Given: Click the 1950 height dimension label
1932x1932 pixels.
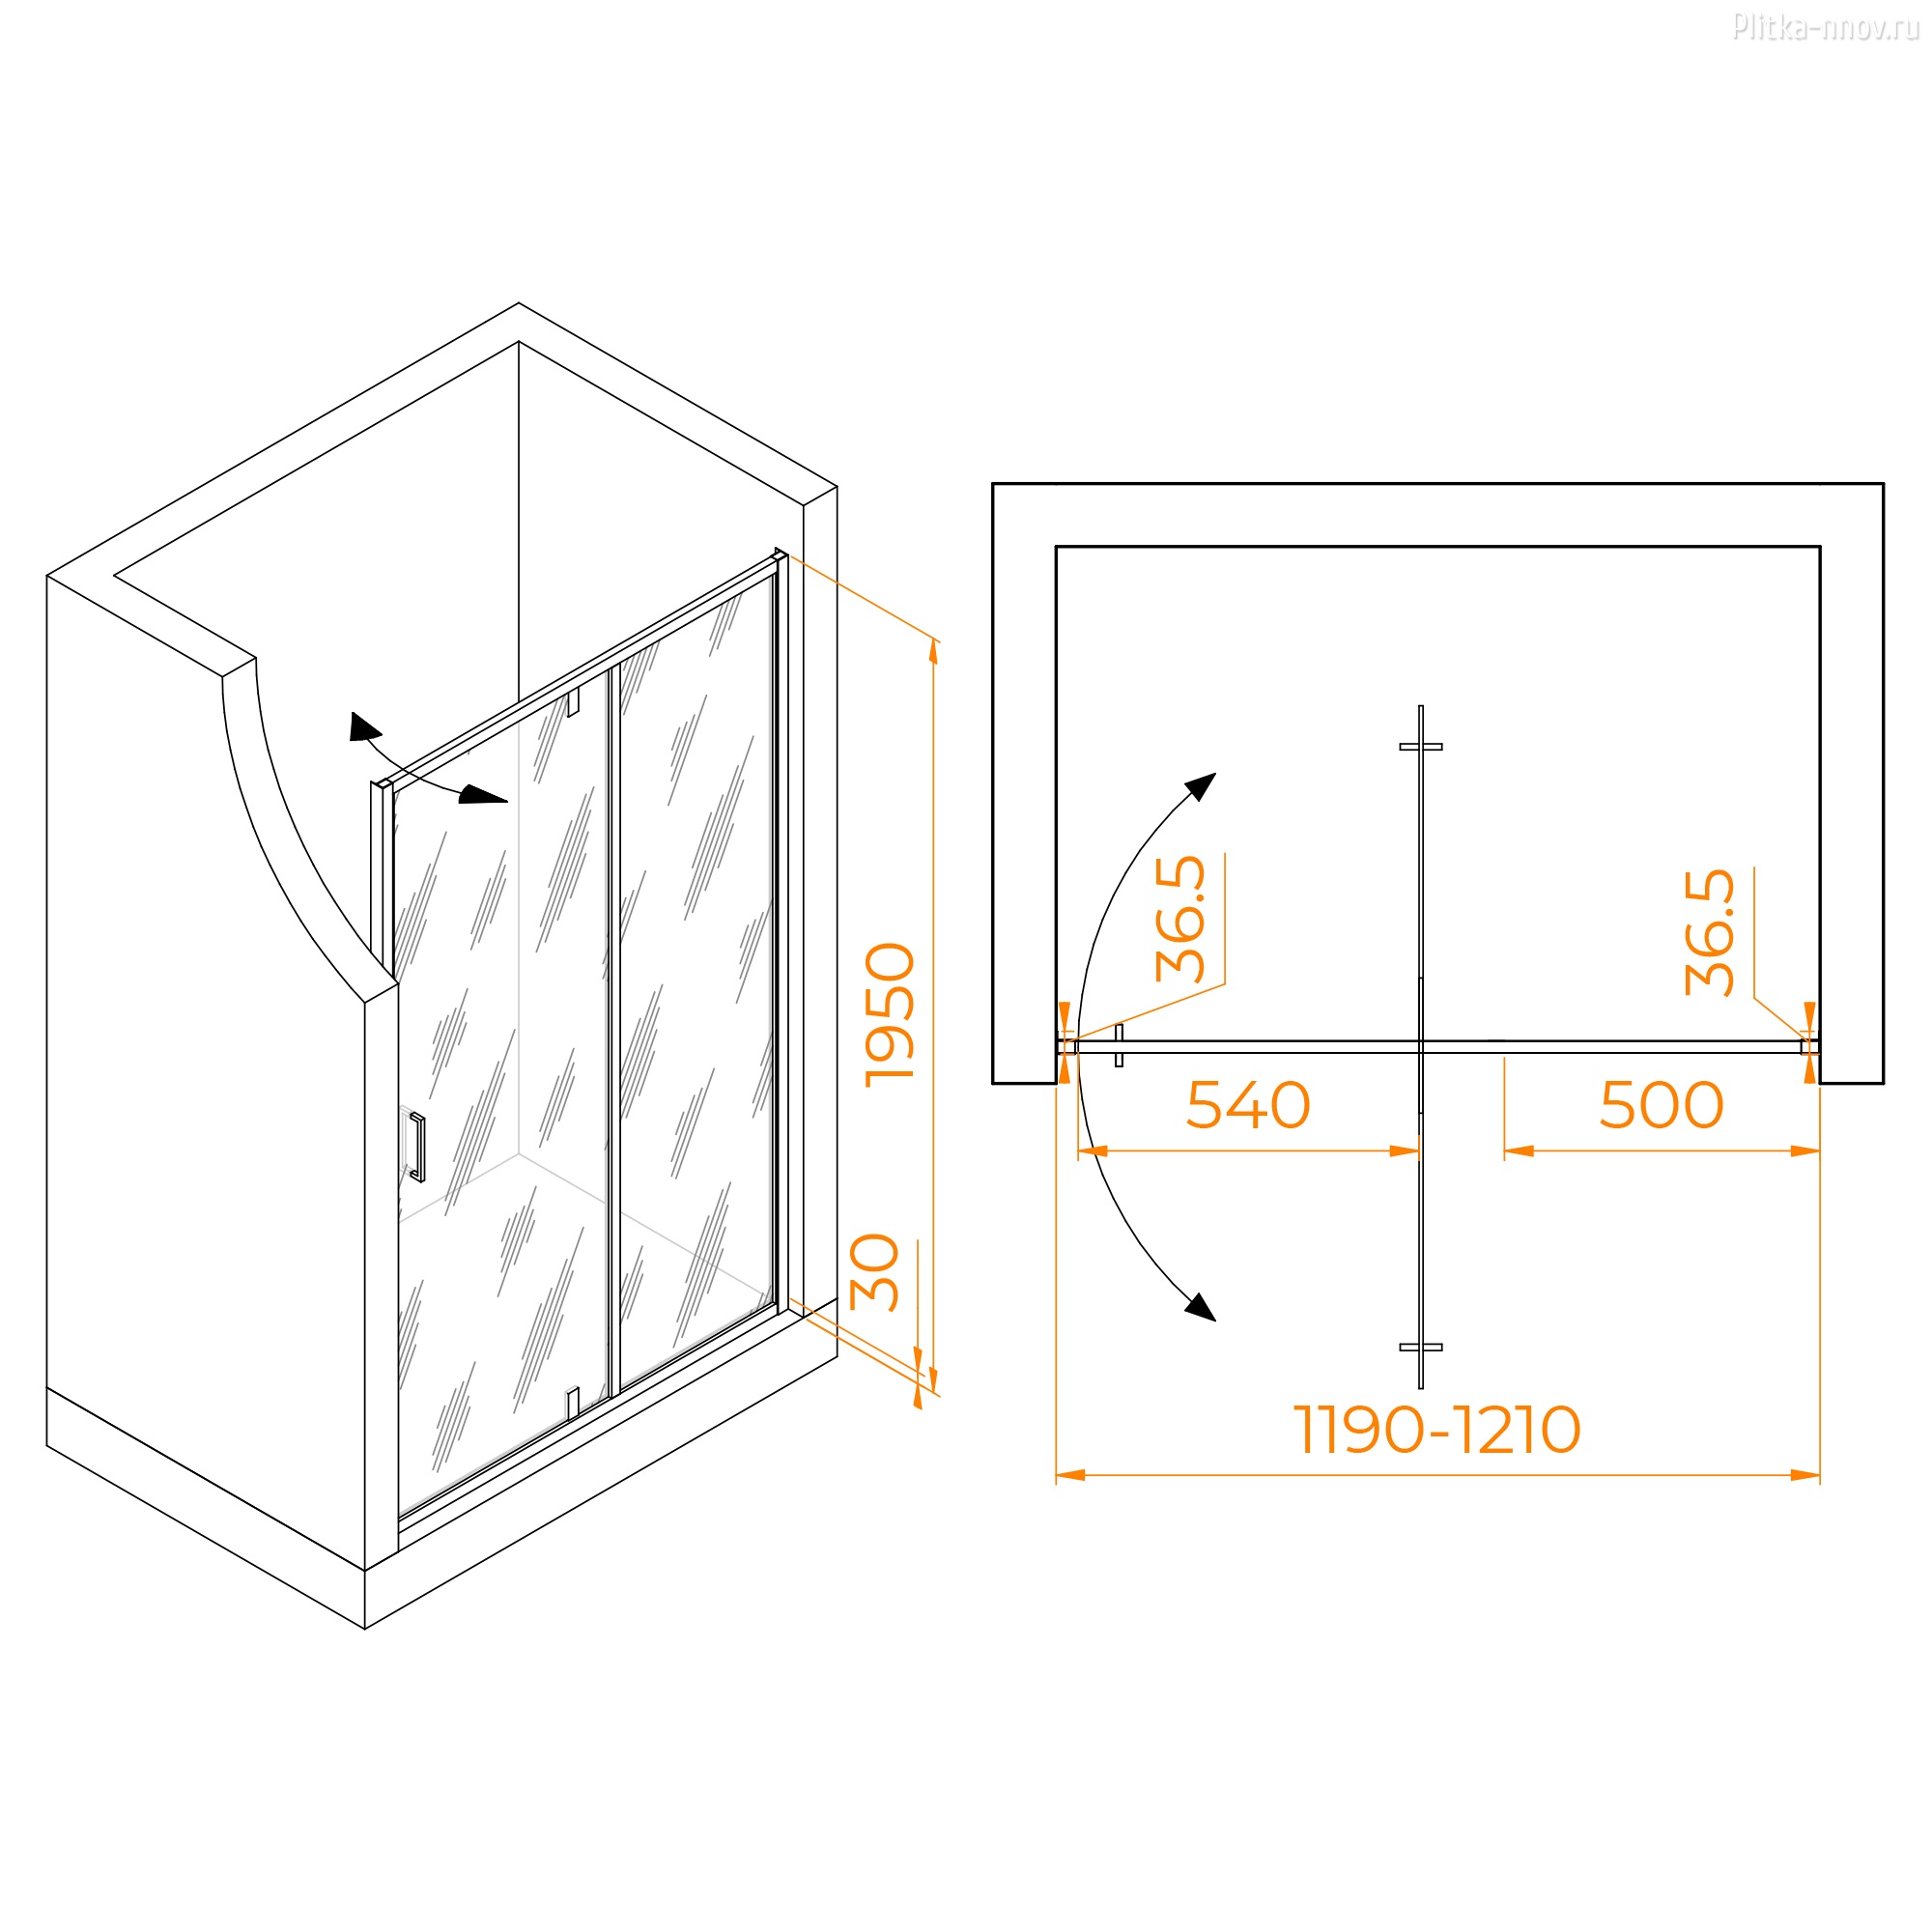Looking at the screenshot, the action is point(890,1014).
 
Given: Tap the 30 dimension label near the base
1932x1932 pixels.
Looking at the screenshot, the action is point(875,1272).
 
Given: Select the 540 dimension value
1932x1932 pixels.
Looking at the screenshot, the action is point(1248,1105).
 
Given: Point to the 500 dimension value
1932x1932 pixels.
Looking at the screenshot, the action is point(1662,1105).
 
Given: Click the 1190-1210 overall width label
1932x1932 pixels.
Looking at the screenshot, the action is point(1437,1429).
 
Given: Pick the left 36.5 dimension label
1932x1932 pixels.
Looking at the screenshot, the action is point(1181,919).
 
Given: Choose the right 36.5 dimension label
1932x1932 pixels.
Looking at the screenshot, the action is point(1710,932).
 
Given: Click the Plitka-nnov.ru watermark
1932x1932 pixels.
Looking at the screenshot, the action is point(1825,27).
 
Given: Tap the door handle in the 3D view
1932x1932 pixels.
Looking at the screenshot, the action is point(417,1147).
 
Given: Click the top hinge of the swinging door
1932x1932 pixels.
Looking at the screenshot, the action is point(573,703).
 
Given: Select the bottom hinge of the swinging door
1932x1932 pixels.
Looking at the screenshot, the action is point(573,1403).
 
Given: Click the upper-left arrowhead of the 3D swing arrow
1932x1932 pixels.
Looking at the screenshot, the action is point(364,727).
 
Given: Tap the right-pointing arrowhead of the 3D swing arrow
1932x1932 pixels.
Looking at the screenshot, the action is point(484,795).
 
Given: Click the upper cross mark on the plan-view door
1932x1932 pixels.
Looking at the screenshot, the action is point(1421,747).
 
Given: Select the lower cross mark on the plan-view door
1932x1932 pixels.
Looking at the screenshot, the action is point(1421,1347).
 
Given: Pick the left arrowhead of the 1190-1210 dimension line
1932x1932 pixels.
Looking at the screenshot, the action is point(1071,1475).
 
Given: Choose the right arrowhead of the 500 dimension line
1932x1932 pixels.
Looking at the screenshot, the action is point(1805,1151).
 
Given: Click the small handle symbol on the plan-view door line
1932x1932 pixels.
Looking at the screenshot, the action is point(1119,1045).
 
